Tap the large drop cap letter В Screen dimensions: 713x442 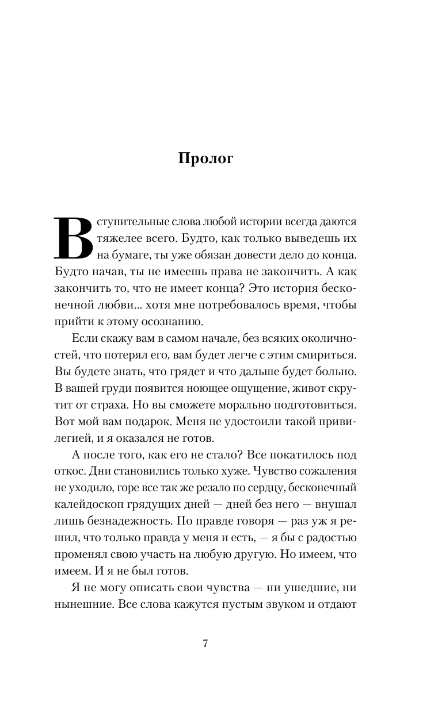coord(73,237)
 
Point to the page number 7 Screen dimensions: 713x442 coord(205,643)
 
